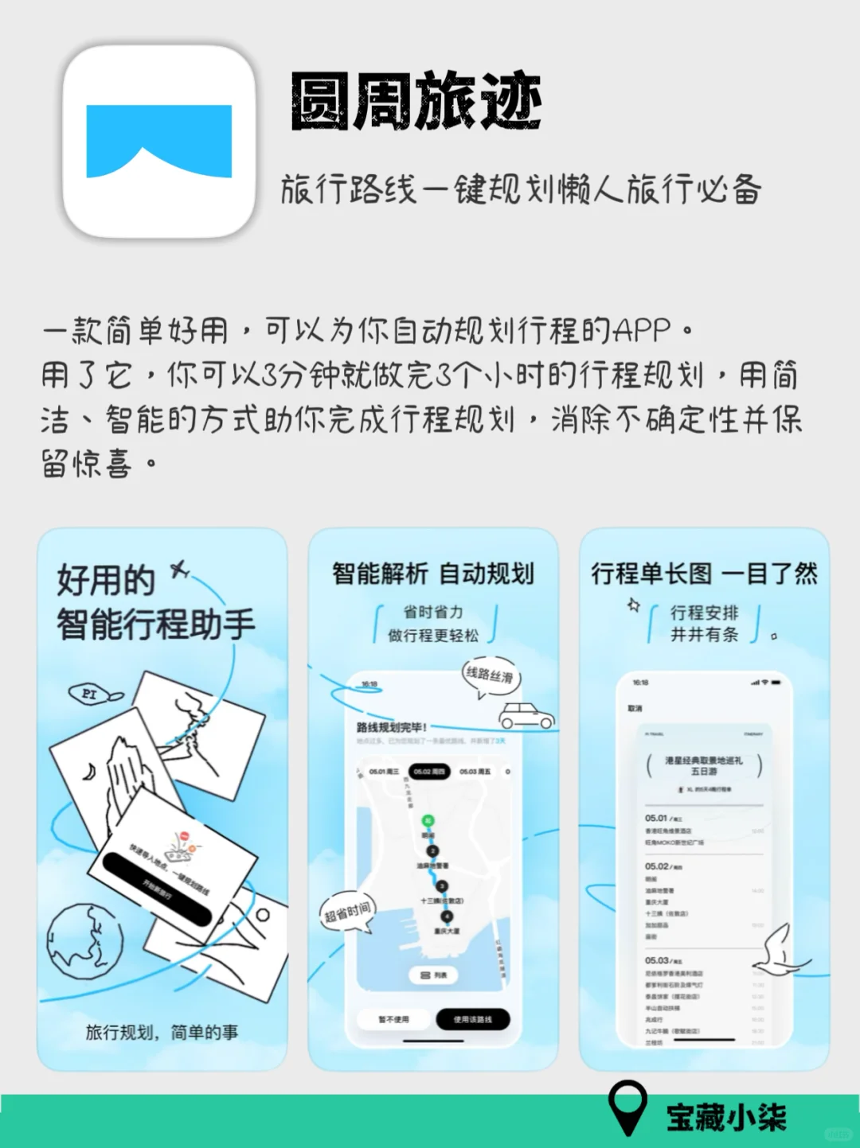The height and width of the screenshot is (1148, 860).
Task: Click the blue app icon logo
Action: [x=159, y=141]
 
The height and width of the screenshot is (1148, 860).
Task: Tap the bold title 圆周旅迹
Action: [x=416, y=101]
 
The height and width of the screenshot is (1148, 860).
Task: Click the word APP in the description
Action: [x=644, y=330]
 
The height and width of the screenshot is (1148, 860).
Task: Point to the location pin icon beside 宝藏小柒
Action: [x=627, y=1107]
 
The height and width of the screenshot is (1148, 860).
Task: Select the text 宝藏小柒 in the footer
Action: [x=726, y=1117]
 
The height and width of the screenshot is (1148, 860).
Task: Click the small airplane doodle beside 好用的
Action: [x=180, y=570]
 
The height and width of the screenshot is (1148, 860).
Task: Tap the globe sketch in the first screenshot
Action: [x=84, y=941]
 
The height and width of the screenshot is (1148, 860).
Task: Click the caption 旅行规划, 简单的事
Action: [x=162, y=1032]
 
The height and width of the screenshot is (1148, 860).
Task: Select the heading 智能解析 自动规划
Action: [x=433, y=574]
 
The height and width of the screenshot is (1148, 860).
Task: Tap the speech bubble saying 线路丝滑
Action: [x=490, y=676]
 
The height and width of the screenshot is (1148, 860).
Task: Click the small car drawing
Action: [x=526, y=715]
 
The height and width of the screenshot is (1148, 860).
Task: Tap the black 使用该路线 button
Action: [x=473, y=1019]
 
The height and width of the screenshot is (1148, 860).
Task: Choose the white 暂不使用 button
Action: [x=393, y=1019]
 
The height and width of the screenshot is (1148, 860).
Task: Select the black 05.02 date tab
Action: [x=429, y=771]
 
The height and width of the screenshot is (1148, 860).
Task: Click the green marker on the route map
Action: [x=428, y=820]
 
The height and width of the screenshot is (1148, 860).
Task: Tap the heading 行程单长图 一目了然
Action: [x=704, y=574]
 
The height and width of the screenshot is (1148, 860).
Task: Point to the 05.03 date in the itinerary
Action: [x=657, y=960]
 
